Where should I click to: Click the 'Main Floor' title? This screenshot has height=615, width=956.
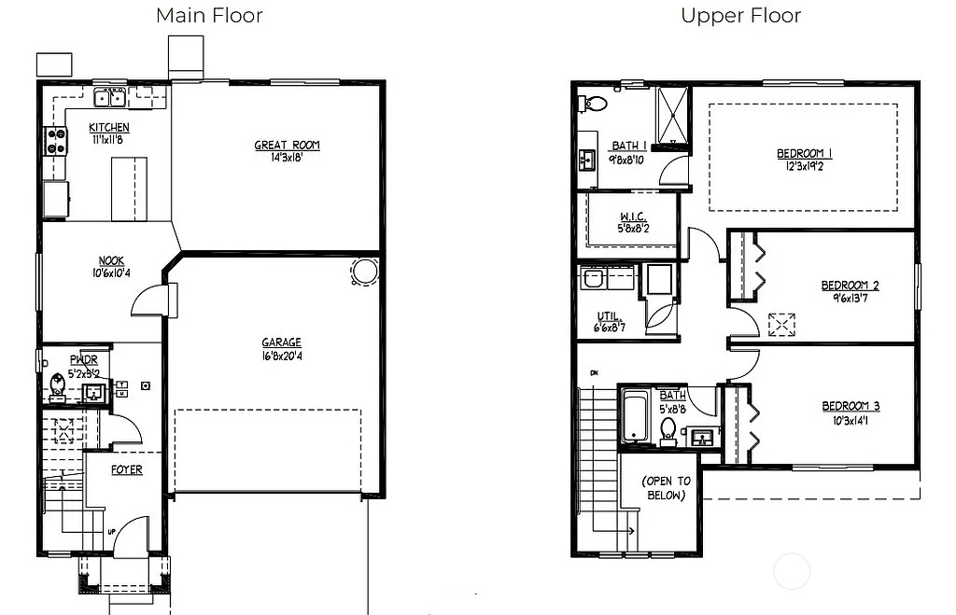pos(209,15)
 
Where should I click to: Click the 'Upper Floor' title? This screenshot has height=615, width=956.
pos(740,15)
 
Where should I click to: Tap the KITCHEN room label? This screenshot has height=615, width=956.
pos(109,128)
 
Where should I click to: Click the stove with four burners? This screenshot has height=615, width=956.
pos(57,141)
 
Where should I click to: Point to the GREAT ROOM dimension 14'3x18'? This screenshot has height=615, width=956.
pos(287,157)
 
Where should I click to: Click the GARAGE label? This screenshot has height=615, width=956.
pos(281,342)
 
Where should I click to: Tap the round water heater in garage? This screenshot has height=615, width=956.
pos(363,272)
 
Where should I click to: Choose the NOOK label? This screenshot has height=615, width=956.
pos(112,261)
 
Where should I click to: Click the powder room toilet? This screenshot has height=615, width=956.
pos(57,384)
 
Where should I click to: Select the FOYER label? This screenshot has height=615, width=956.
pos(127,469)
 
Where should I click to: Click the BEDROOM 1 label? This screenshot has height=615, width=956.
pos(804,154)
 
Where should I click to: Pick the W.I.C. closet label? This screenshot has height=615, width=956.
pos(632,217)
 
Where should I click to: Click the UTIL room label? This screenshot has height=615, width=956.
pos(609,316)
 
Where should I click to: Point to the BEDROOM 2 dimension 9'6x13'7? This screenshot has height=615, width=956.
pos(850,299)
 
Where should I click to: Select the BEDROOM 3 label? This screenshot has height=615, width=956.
pos(850,406)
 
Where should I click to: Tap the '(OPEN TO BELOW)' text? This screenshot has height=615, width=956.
pos(666,488)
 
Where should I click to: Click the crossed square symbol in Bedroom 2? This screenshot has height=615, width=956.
pos(780,324)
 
